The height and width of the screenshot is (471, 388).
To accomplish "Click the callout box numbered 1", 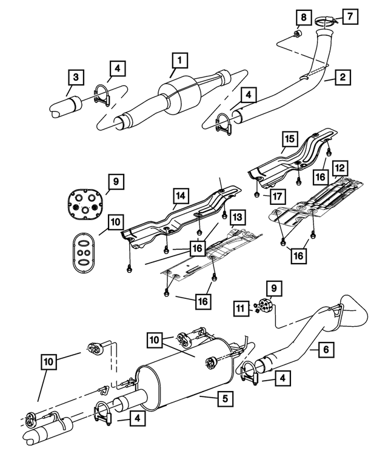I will [x=179, y=61].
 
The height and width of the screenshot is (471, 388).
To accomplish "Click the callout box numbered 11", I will [x=242, y=310].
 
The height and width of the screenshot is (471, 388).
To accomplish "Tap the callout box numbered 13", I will [x=236, y=216].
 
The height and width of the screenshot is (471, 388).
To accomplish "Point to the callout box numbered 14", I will [x=181, y=196].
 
